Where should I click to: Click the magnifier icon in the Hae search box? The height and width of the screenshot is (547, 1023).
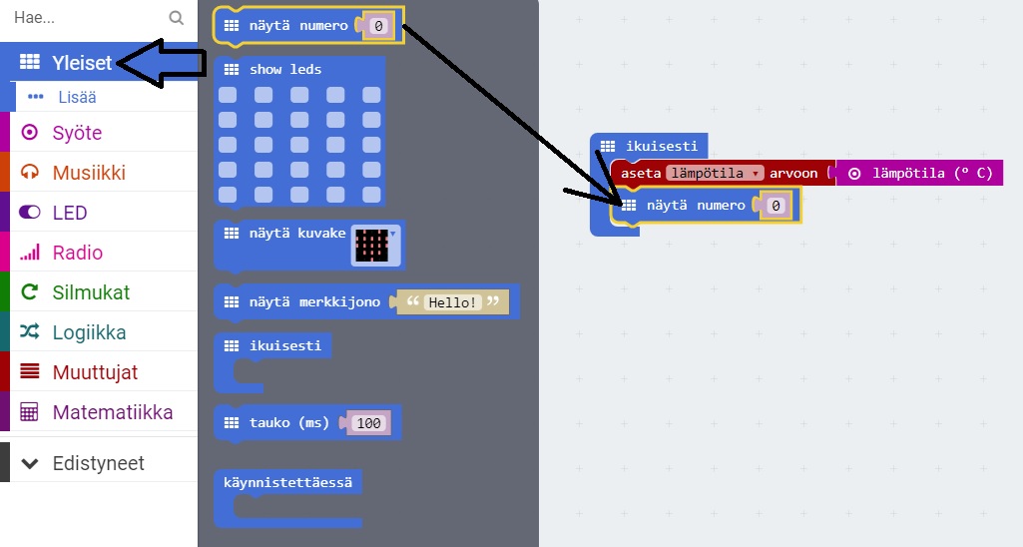[177, 18]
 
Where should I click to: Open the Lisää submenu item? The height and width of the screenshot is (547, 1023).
[76, 97]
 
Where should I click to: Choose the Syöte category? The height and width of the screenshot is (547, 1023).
[77, 133]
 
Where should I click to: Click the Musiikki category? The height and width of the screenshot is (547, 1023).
[89, 173]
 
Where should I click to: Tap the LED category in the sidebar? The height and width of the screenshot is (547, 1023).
[70, 213]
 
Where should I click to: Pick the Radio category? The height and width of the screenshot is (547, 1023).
[78, 253]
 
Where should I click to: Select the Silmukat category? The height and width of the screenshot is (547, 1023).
[91, 292]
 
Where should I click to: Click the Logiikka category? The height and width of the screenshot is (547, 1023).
[89, 332]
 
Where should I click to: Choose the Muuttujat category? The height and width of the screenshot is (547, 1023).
[95, 372]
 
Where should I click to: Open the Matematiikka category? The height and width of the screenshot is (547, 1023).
[112, 412]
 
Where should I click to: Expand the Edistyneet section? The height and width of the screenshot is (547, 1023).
[98, 463]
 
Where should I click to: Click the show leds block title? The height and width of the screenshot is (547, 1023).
[285, 70]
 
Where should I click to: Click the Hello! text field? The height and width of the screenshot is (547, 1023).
[452, 301]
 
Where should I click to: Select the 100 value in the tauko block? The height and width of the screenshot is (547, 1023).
[369, 423]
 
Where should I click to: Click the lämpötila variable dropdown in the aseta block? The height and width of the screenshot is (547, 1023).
[715, 173]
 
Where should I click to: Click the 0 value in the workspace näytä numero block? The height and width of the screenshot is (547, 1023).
[776, 206]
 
